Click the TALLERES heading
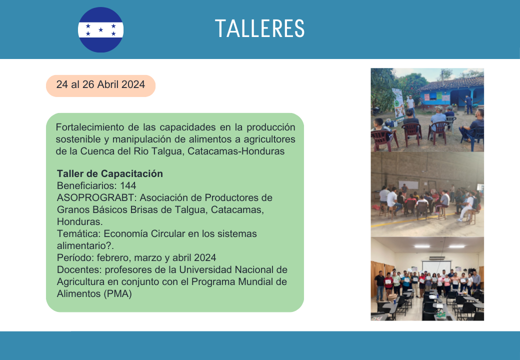pyautogui.click(x=259, y=28)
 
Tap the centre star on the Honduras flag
pyautogui.click(x=101, y=30)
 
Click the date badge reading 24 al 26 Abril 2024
pyautogui.click(x=100, y=85)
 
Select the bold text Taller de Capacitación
pyautogui.click(x=110, y=173)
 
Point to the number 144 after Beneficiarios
pyautogui.click(x=128, y=185)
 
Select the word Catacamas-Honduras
pyautogui.click(x=236, y=151)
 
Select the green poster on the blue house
pyautogui.click(x=439, y=96)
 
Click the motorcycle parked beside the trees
pyautogui.click(x=375, y=110)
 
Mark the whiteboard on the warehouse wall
pyautogui.click(x=408, y=185)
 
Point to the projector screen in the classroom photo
pyautogui.click(x=436, y=267)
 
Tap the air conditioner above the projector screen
pyautogui.click(x=437, y=257)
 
